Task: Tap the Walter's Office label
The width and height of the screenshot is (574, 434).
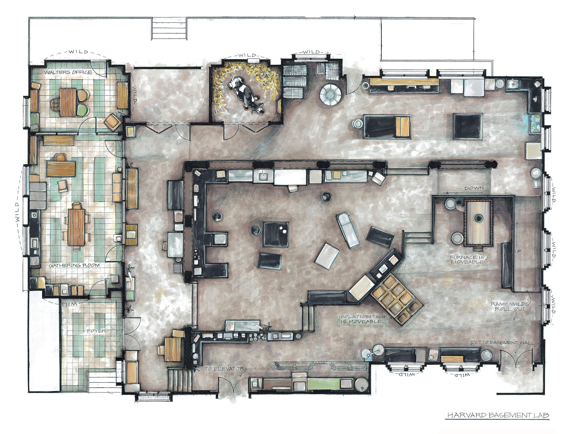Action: (68, 72)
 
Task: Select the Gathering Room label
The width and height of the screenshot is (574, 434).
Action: (74, 265)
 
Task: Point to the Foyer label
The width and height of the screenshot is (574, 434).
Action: (97, 331)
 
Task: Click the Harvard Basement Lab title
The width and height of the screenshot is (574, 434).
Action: (498, 415)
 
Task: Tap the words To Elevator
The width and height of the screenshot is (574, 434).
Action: (225, 369)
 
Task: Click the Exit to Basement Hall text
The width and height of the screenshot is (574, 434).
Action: (502, 343)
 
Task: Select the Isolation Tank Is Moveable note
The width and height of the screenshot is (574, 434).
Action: (363, 319)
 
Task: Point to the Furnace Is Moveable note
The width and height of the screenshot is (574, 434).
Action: (467, 259)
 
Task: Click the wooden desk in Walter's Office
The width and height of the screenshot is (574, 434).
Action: (68, 102)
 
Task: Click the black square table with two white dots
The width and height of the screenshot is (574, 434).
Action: (276, 234)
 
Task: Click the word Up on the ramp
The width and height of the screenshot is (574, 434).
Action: (518, 251)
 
